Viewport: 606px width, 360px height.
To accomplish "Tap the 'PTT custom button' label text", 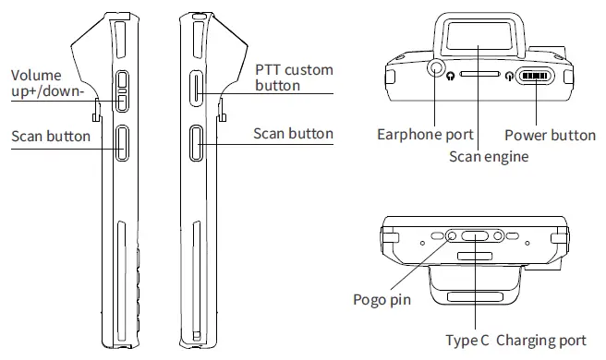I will [293, 78].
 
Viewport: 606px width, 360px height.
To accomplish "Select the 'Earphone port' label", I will [425, 135].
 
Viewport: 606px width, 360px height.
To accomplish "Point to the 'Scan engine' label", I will [489, 156].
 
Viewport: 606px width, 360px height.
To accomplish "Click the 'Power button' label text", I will [550, 135].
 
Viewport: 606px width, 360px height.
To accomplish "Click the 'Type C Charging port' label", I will [515, 341].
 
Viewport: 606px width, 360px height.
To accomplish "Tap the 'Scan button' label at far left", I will [51, 137].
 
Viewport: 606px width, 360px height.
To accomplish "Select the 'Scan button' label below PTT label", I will [293, 133].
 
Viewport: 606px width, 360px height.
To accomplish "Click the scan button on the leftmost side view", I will [122, 143].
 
